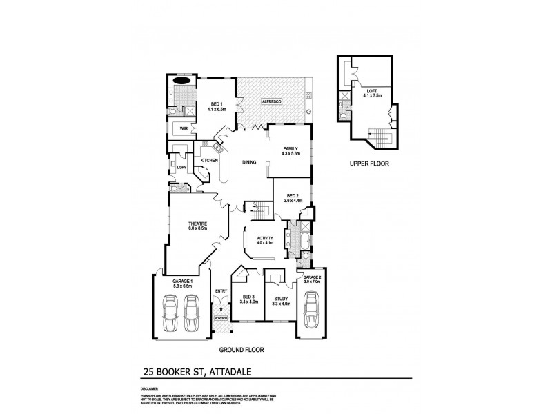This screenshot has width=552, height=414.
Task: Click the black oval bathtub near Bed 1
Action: (x=183, y=80)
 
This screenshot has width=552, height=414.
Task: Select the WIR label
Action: (x=184, y=128)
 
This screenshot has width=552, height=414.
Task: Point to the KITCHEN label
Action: (x=209, y=161)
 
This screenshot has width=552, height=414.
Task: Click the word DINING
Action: (x=249, y=163)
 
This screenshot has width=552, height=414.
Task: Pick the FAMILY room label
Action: (x=290, y=148)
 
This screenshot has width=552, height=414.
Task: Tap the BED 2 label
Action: (x=294, y=195)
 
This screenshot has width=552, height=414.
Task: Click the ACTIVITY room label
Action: (x=265, y=238)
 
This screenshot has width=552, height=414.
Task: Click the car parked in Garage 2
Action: (x=311, y=313)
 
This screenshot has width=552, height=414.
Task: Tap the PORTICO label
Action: (x=220, y=319)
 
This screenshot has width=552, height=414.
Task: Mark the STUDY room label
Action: (x=282, y=297)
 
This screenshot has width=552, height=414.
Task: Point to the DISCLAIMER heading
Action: (x=150, y=388)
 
